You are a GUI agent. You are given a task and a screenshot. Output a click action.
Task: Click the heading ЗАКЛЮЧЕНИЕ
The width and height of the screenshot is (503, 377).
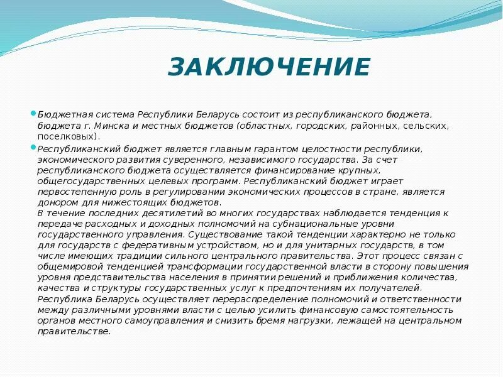pyautogui.click(x=269, y=67)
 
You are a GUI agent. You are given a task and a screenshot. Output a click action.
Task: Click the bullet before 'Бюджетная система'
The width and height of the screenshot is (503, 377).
pyautogui.click(x=34, y=114)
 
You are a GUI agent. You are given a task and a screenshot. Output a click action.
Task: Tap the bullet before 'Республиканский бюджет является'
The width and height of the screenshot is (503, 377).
pyautogui.click(x=34, y=147)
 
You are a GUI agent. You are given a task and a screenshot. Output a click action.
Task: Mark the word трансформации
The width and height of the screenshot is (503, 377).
pyautogui.click(x=195, y=267)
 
